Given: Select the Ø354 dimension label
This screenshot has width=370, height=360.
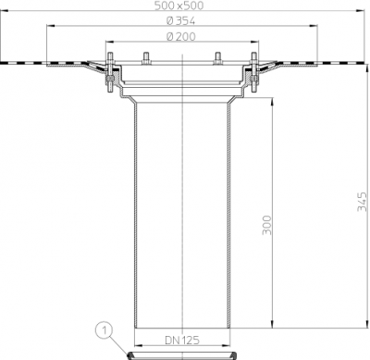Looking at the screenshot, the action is (180, 21).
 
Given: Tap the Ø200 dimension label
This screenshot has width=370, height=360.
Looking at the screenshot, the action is (181, 36).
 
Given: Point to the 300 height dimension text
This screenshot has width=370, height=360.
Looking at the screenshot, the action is (267, 225).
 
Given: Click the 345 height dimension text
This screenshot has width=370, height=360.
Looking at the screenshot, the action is (362, 202).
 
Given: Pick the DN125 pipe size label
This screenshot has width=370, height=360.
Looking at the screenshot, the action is (182, 340).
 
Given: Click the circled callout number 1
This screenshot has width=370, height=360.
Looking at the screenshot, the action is (105, 331).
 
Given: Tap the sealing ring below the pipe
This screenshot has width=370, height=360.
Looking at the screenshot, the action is (182, 355).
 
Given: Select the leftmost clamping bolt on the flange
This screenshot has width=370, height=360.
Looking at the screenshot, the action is (110, 72).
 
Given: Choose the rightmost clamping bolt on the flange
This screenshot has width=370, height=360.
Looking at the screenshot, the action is (253, 72).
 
